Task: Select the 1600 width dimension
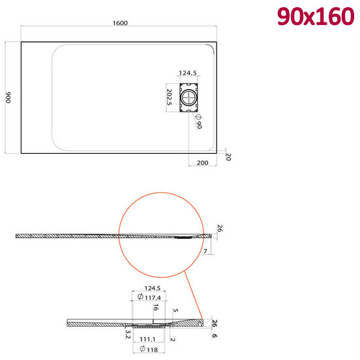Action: [120, 23]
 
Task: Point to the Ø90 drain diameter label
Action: [198, 122]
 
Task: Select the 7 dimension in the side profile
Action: [205, 251]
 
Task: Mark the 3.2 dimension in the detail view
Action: [128, 333]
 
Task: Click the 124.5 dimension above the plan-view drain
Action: [189, 73]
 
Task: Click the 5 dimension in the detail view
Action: [175, 312]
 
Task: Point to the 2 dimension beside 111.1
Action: [171, 339]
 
